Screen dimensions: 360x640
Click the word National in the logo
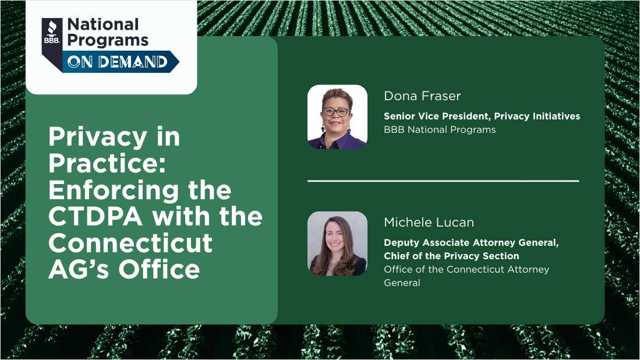(103, 25)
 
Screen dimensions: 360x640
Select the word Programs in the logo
(108, 40)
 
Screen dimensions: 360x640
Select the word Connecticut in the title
(130, 243)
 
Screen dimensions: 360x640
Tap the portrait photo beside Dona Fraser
(337, 117)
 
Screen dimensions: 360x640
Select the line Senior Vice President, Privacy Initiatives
(482, 116)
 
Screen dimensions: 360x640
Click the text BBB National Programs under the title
(440, 129)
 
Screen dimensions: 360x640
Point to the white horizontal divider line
(443, 181)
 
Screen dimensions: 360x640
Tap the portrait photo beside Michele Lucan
(337, 243)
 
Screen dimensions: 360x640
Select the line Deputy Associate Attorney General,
(471, 243)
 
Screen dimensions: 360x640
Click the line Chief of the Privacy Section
(451, 256)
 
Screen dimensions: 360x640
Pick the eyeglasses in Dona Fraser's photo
(337, 111)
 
